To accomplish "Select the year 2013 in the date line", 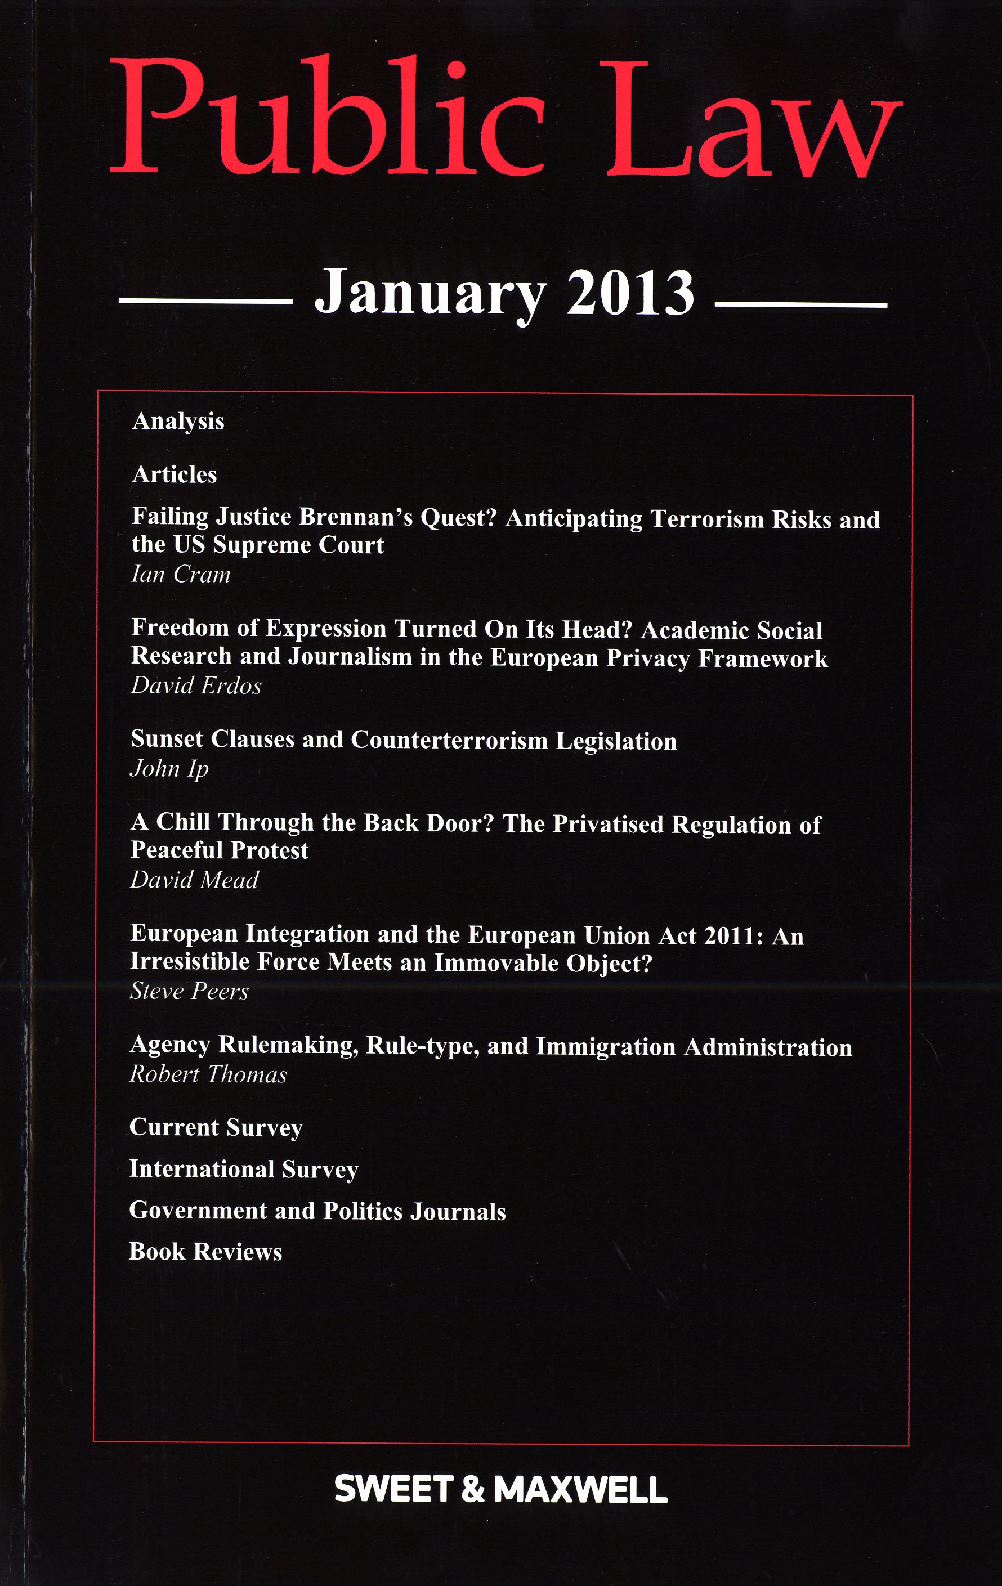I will [x=630, y=293].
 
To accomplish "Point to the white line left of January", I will [x=205, y=302].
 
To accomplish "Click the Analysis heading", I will [x=178, y=422].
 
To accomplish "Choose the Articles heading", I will [x=175, y=475].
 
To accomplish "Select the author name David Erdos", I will [x=196, y=686].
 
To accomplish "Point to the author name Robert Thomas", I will [x=208, y=1075].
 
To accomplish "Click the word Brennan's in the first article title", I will [x=356, y=518].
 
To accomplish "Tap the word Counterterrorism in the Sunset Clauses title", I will [x=449, y=740].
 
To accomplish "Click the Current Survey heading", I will [x=216, y=1127].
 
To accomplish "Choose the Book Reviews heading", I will [x=205, y=1252].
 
